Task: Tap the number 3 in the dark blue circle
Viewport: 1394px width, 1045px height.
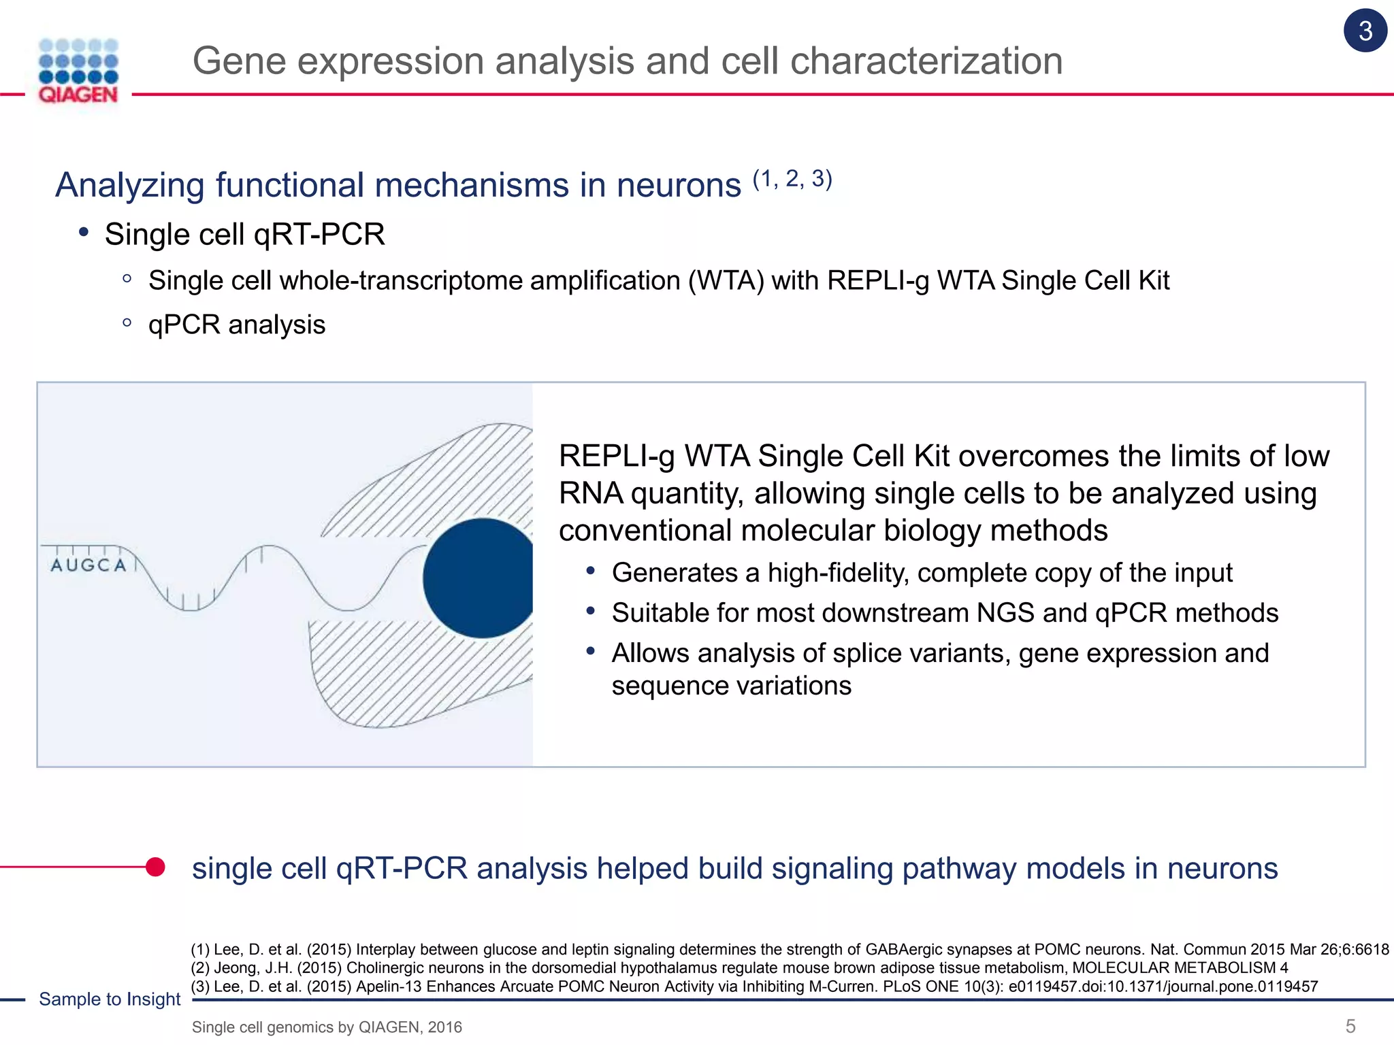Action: click(x=1365, y=31)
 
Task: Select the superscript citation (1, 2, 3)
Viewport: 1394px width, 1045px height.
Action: click(x=792, y=179)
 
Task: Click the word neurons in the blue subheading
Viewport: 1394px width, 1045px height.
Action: click(x=679, y=186)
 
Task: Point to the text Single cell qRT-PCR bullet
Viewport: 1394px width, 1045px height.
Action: click(x=245, y=235)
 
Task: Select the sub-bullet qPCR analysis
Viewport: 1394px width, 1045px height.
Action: click(x=237, y=325)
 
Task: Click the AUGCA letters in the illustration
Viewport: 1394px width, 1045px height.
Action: click(x=88, y=565)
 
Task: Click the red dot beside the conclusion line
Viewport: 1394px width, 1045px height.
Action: click(x=155, y=867)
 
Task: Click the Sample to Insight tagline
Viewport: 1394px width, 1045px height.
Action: click(x=110, y=999)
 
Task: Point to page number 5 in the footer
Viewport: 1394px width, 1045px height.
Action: click(x=1350, y=1026)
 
